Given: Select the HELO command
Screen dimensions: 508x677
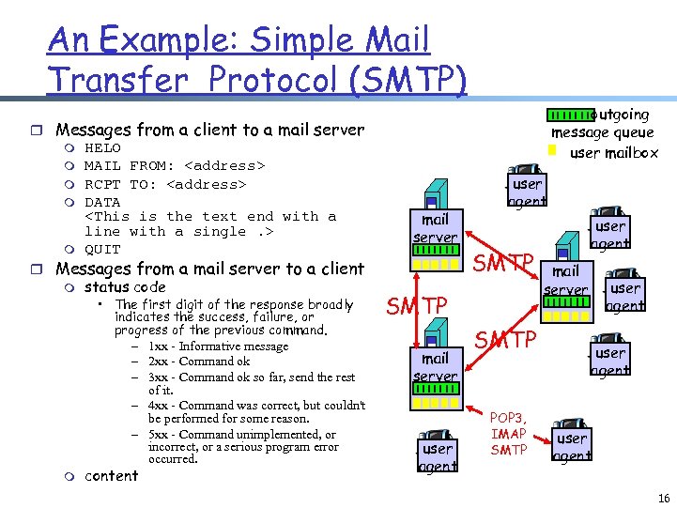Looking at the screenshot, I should tap(102, 147).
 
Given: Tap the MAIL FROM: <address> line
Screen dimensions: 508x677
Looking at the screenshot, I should tap(175, 165).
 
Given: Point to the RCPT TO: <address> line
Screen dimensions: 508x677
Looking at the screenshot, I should tap(165, 184).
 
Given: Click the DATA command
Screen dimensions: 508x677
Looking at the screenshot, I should tap(102, 202).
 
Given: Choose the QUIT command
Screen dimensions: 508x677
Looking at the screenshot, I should tap(102, 249).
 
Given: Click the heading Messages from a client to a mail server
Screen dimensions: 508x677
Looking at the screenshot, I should tap(209, 130).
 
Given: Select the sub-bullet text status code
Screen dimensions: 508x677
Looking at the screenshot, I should tap(125, 287).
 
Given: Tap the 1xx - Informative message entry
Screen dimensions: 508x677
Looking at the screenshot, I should tap(218, 346).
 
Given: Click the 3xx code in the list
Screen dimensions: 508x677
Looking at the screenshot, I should tap(159, 377).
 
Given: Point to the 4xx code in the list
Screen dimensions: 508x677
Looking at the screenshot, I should tap(159, 406).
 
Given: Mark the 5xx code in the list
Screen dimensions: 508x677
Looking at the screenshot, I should tap(159, 435).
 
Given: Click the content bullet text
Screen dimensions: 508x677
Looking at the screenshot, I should tap(111, 476).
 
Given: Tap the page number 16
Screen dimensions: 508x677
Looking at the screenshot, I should tap(664, 497).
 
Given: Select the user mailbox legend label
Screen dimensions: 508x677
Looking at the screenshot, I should tap(614, 152).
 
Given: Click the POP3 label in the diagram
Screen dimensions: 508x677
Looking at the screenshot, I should tap(509, 418).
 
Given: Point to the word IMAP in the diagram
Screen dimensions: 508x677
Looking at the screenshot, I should tap(509, 434).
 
